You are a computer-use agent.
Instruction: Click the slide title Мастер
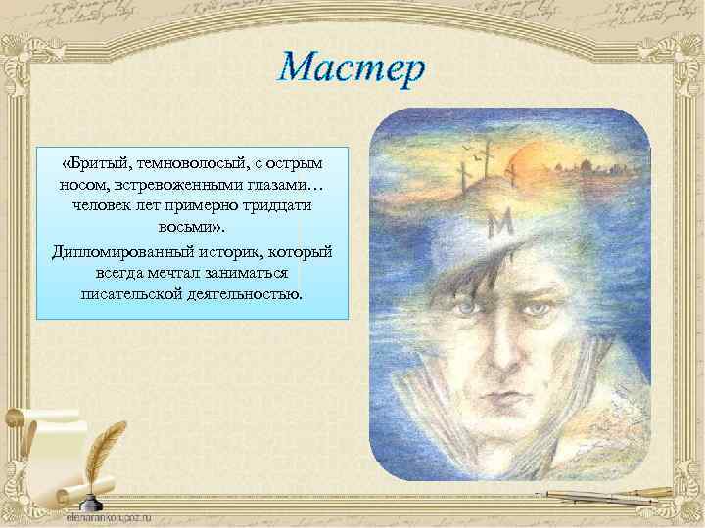pyautogui.click(x=351, y=67)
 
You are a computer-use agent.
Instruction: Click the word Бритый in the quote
pyautogui.click(x=99, y=161)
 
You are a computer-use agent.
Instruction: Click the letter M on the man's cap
pyautogui.click(x=501, y=226)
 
